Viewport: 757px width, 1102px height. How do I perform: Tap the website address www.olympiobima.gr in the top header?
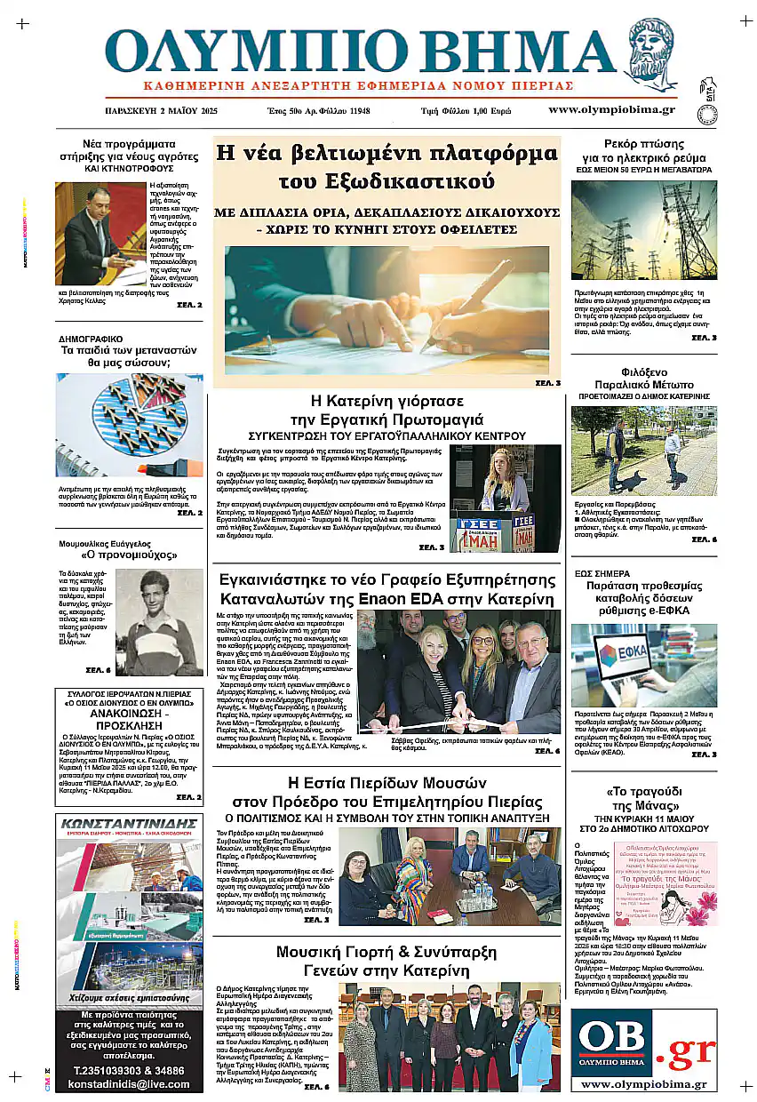click(x=611, y=110)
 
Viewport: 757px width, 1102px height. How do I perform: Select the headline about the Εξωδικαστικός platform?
click(x=386, y=166)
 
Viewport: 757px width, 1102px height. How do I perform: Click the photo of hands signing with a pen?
click(x=386, y=311)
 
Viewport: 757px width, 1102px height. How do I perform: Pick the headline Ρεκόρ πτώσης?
click(x=643, y=143)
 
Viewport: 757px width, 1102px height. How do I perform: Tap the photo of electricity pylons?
click(x=643, y=230)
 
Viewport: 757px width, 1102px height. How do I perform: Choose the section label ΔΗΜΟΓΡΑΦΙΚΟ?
click(x=91, y=339)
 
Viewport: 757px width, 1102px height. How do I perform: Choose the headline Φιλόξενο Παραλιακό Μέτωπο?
click(x=643, y=379)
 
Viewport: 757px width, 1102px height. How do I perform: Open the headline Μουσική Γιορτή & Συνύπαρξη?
click(x=386, y=961)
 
